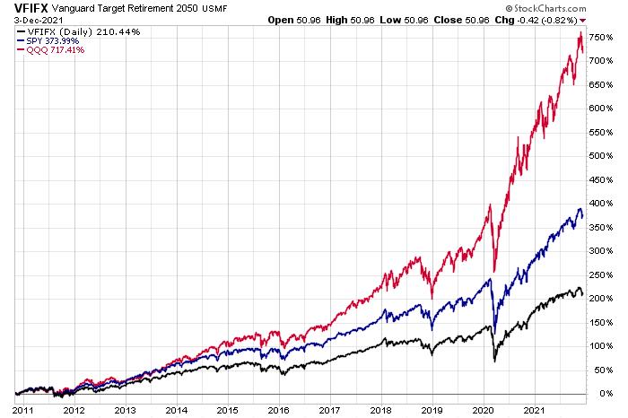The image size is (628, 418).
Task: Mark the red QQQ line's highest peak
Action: point(580,33)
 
